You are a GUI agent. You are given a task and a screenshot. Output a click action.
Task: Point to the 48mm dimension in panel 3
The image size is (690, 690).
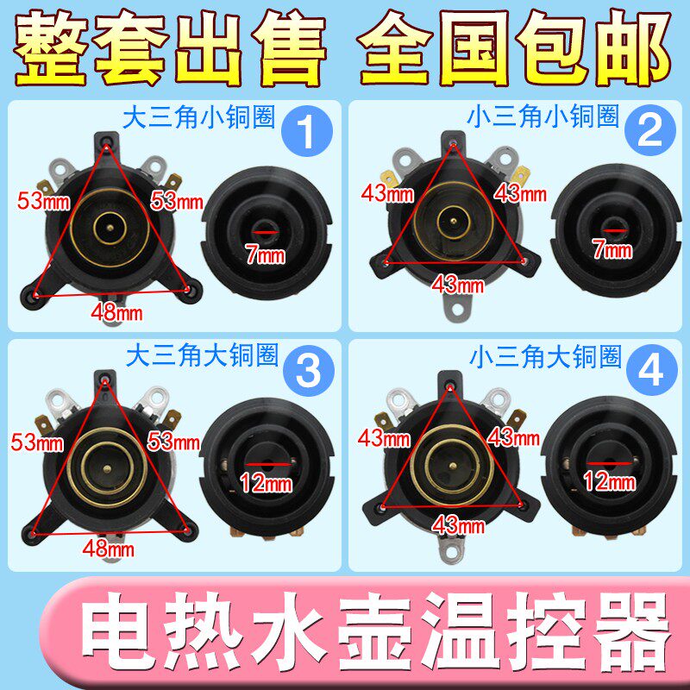(110, 548)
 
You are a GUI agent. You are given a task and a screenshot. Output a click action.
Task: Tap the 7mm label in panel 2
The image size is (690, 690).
(612, 251)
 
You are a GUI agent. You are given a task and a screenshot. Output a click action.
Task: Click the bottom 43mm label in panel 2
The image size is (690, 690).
(458, 282)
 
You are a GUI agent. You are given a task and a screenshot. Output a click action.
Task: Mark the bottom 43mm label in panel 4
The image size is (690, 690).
(458, 522)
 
